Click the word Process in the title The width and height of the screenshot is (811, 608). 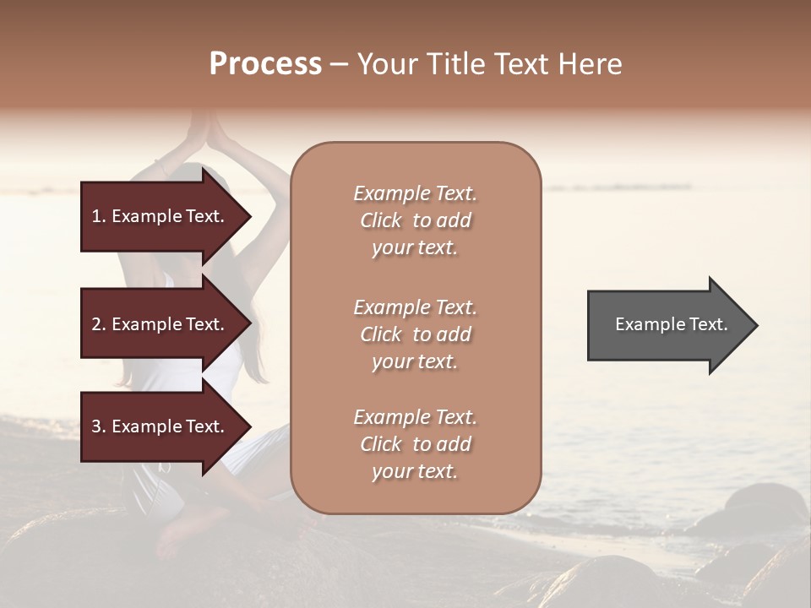pos(265,64)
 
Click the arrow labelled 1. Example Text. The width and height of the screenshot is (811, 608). pos(161,216)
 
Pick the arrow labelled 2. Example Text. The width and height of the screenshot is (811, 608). pos(161,324)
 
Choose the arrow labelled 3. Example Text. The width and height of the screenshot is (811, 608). pos(161,426)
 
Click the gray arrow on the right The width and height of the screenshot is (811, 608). pos(667,325)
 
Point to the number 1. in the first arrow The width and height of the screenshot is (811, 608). pos(99,217)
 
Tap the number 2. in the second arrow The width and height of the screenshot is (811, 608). pos(99,325)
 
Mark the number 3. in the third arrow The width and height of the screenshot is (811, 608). pos(99,427)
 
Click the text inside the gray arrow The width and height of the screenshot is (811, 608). pos(671,324)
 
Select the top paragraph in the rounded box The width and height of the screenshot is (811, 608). pos(415,220)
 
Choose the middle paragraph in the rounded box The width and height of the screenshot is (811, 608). pos(415,334)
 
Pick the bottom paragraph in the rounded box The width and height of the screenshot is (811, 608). pos(415,444)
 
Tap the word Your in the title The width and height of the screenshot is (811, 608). pos(389,64)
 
